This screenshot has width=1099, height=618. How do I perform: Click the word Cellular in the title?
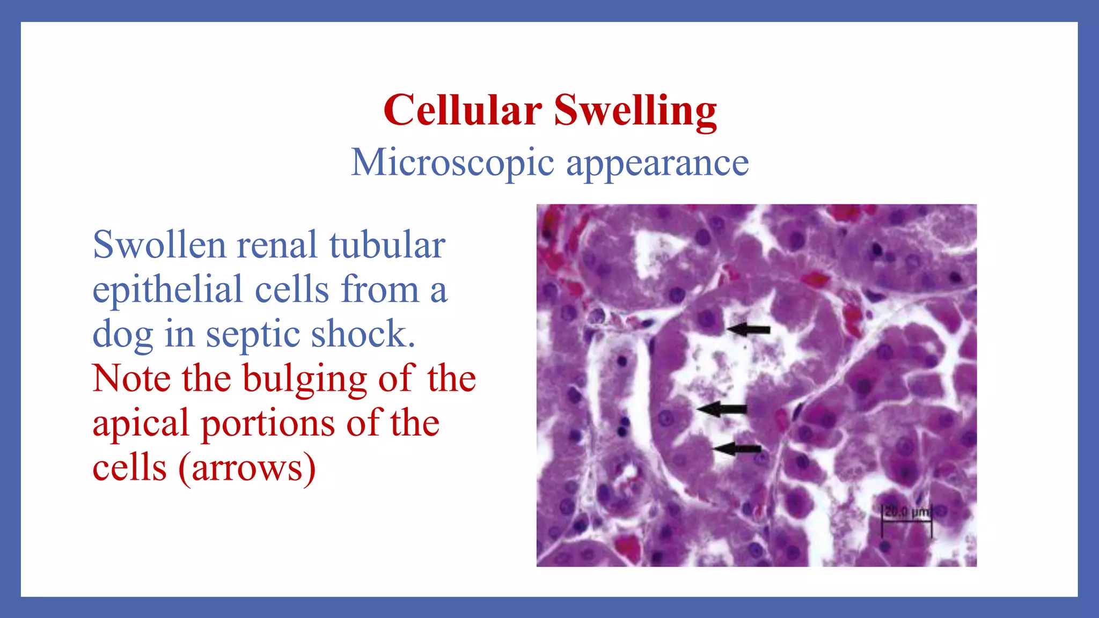point(462,110)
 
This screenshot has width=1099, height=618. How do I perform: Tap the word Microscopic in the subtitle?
point(452,163)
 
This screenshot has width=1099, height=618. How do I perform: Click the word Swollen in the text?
point(159,245)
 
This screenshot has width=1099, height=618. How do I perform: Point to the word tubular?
point(387,245)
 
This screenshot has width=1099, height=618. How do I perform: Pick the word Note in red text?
point(131,379)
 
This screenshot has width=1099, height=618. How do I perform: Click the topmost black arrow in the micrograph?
point(749,329)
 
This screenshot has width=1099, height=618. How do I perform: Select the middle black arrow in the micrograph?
point(722,409)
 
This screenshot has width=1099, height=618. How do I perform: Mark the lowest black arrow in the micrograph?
point(737,448)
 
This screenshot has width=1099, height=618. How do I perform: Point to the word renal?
point(277,245)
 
